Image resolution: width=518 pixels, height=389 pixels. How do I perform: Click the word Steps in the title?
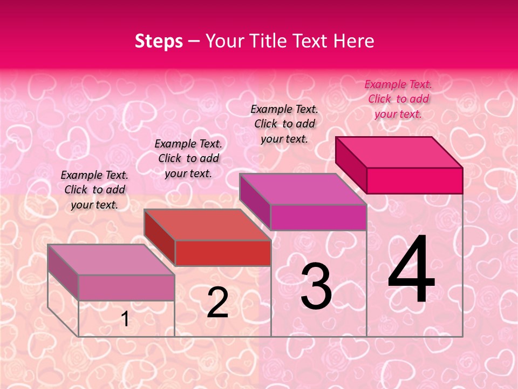pos(159,41)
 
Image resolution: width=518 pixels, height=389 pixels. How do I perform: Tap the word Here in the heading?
pos(354,41)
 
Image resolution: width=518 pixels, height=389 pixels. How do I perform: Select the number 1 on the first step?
pos(125,319)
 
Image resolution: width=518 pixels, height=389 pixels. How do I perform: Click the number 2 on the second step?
pos(217,303)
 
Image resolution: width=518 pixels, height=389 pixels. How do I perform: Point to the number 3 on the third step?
pos(316,287)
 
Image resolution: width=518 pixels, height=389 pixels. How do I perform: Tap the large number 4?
pos(411,270)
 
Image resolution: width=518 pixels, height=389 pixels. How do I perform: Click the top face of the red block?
pos(207,225)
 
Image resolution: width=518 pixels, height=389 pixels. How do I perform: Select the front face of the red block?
pos(223,253)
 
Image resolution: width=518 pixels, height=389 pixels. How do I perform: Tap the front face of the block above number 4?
pos(414,180)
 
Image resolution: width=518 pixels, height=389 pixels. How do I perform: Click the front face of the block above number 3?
pos(318,217)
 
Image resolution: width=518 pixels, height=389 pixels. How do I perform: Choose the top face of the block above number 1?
pos(111,259)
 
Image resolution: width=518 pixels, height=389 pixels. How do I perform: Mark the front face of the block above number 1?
pos(126,287)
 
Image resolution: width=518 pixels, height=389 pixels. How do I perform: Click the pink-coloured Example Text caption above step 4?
pos(398,99)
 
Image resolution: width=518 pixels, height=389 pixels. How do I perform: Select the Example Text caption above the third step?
pos(284,124)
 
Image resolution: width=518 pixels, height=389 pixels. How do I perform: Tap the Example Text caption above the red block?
pos(188,158)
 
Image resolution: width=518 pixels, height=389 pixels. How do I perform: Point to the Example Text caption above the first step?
pos(94,190)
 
